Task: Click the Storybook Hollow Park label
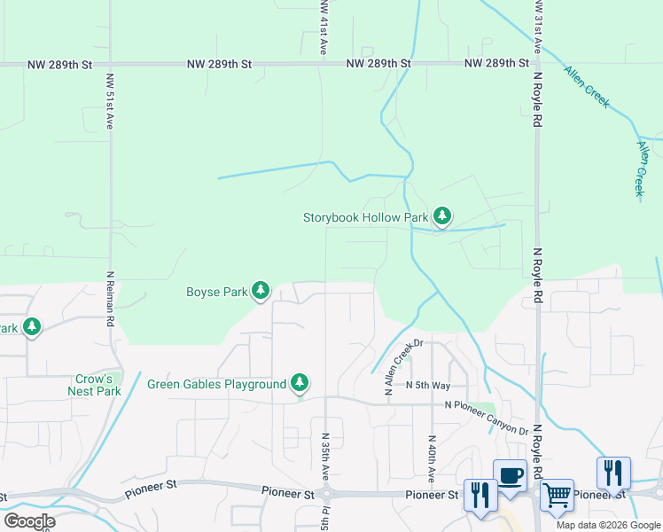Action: click(366, 217)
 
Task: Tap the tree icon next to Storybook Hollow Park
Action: click(442, 216)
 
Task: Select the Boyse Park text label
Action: click(216, 291)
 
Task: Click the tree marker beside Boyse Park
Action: click(261, 290)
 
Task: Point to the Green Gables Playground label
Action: click(216, 384)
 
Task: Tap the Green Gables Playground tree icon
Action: click(300, 382)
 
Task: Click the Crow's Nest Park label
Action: click(95, 385)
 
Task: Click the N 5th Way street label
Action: click(428, 386)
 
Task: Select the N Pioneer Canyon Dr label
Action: click(487, 418)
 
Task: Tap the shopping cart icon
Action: click(557, 495)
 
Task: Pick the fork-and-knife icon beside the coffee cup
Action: click(480, 495)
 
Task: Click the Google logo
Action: click(29, 520)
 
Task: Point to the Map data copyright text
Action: click(609, 525)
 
